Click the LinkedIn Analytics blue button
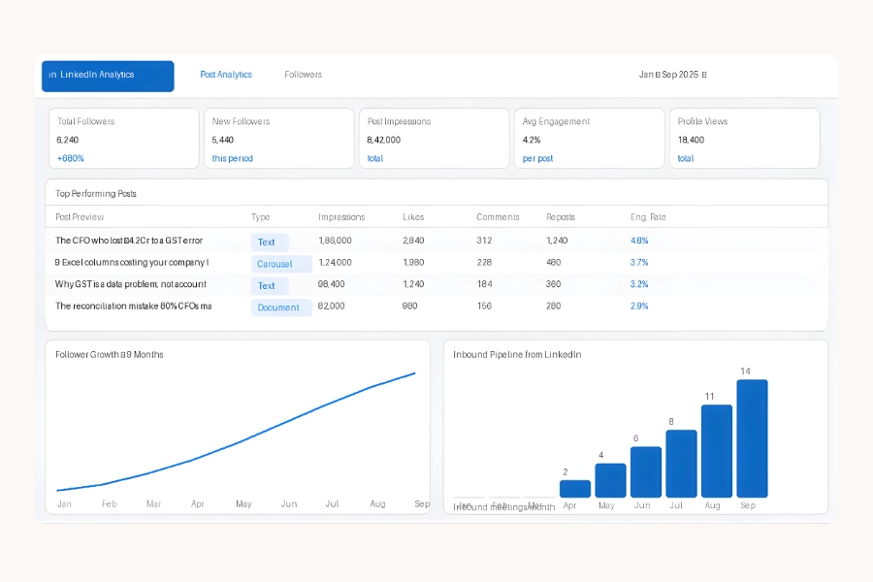(x=108, y=76)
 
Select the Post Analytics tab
(x=226, y=75)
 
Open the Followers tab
(x=303, y=75)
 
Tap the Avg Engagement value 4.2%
(x=532, y=140)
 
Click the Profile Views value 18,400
(x=691, y=140)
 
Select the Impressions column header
(x=341, y=217)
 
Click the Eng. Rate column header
(x=648, y=217)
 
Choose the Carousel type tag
(x=281, y=264)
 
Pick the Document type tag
(x=281, y=307)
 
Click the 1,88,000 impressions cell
(x=335, y=241)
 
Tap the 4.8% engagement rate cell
(x=639, y=241)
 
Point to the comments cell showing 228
(x=484, y=263)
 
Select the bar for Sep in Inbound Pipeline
(x=752, y=438)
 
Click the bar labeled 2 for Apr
(x=575, y=489)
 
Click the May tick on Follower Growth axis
(x=243, y=504)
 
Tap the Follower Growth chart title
(x=110, y=355)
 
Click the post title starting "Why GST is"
(x=131, y=284)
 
